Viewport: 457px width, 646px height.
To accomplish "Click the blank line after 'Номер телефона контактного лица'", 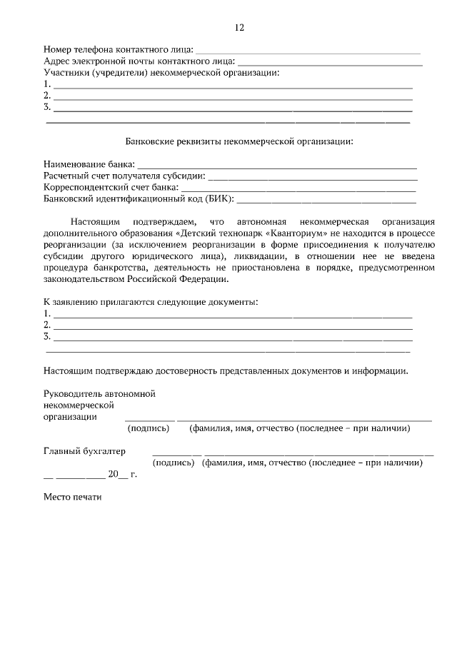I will coord(307,52).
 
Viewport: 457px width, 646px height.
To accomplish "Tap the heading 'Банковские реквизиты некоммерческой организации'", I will coord(239,141).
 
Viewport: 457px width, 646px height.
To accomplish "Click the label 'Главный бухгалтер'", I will coord(84,451).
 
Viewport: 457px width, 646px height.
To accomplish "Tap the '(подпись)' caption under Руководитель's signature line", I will coord(148,429).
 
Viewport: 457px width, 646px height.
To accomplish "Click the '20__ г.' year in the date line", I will coord(121,475).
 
